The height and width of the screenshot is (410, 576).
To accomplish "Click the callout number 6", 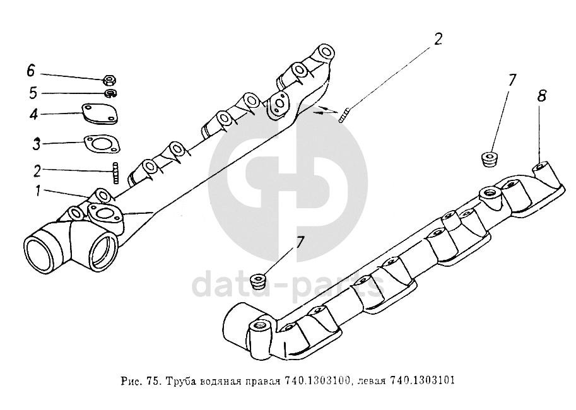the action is click(x=30, y=71).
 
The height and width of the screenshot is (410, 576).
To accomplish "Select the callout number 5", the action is click(x=33, y=93).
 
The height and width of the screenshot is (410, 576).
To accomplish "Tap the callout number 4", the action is click(x=33, y=114).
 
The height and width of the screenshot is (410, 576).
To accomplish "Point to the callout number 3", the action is click(x=36, y=144).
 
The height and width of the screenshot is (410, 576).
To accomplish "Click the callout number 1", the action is click(x=37, y=190).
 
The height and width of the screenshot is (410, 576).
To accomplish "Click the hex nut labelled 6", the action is click(x=110, y=79).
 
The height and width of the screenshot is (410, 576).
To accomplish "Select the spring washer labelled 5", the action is click(x=110, y=93).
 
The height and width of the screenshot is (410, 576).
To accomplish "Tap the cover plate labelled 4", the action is click(x=100, y=113).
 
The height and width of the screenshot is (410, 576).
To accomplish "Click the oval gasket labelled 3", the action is click(x=102, y=144).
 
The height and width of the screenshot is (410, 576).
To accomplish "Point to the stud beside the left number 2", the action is click(x=116, y=173).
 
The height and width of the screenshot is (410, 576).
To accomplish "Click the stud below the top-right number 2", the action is click(x=344, y=115).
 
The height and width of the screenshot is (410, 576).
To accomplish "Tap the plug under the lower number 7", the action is click(x=257, y=281).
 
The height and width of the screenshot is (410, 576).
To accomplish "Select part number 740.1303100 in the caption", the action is click(x=317, y=380).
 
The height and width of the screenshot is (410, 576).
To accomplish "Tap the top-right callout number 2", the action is click(x=438, y=38).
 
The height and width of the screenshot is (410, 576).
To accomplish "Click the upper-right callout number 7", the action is click(x=512, y=80).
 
